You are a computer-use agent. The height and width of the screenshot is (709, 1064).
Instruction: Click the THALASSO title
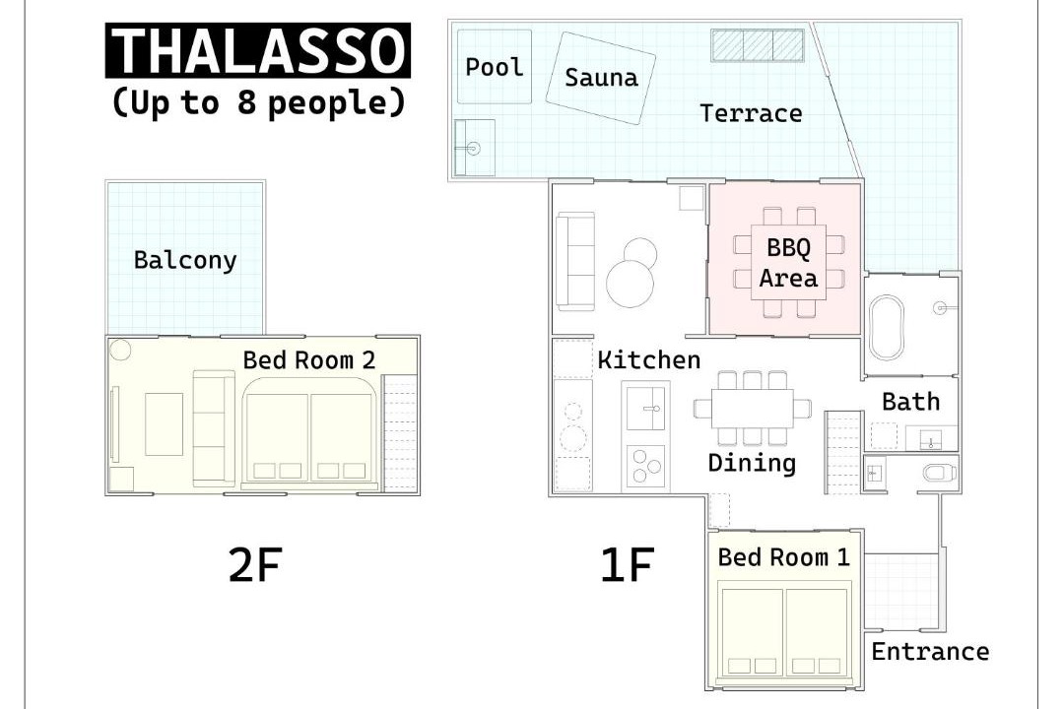click(258, 51)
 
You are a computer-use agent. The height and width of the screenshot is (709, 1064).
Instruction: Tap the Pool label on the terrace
click(494, 67)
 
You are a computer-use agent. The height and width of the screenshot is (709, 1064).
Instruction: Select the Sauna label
click(601, 78)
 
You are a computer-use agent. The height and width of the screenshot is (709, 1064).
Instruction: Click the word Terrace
click(751, 112)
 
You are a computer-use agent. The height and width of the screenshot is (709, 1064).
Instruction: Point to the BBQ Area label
click(788, 263)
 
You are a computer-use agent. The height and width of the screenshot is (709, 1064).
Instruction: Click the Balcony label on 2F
click(185, 260)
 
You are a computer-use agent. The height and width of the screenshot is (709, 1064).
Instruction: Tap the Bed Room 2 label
click(308, 359)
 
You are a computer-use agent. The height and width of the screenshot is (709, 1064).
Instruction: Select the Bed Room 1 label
click(784, 557)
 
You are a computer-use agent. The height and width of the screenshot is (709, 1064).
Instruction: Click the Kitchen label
click(648, 359)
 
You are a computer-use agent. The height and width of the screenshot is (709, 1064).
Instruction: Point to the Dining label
click(752, 463)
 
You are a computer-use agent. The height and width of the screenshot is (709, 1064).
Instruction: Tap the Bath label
click(910, 402)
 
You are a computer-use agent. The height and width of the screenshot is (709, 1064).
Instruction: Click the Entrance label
click(930, 651)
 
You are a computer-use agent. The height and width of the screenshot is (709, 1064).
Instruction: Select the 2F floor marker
click(255, 565)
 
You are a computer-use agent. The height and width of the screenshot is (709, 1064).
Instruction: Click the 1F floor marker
click(627, 565)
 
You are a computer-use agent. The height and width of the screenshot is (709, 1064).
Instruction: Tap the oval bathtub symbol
click(887, 326)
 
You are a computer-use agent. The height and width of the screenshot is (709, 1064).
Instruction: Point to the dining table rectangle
click(752, 409)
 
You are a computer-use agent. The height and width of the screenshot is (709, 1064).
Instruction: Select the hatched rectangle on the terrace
click(758, 44)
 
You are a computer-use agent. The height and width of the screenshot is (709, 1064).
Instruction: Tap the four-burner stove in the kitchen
click(644, 466)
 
